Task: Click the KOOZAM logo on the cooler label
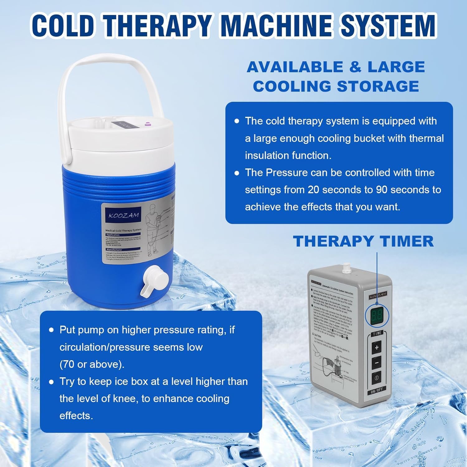124,215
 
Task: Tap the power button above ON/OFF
377,378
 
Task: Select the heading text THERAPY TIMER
363,241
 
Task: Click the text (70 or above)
92,364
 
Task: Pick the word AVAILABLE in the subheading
294,67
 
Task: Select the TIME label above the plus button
377,333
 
